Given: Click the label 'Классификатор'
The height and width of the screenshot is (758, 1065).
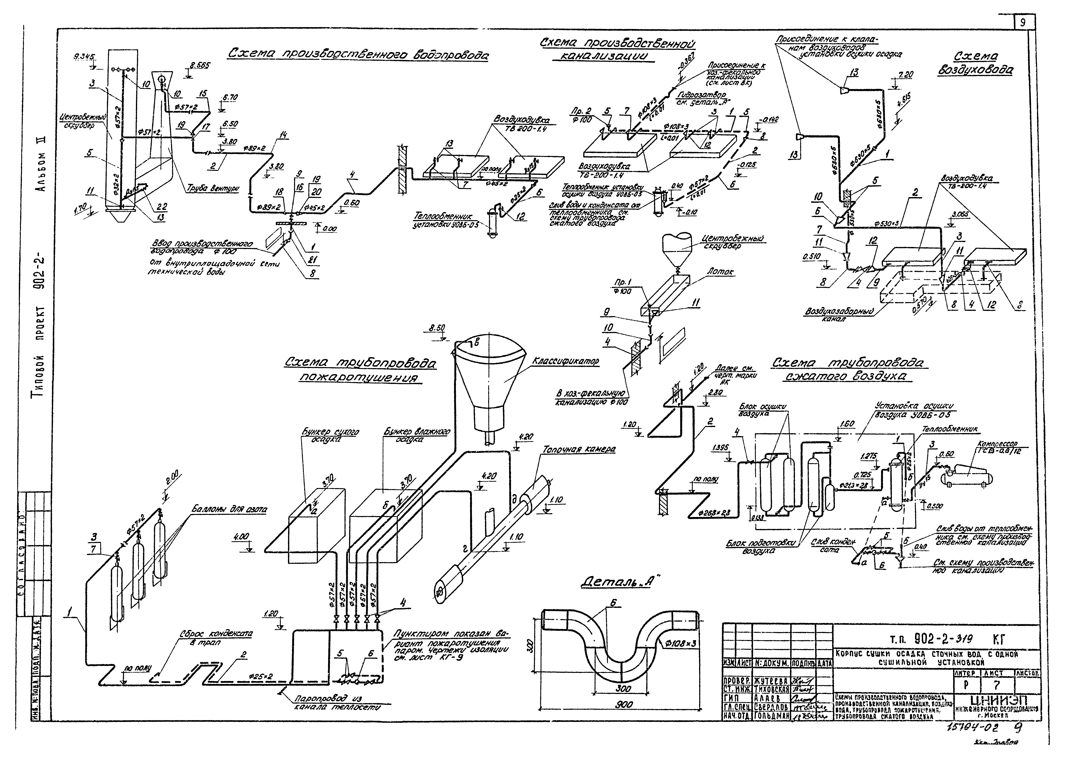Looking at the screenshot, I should tap(565, 362).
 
